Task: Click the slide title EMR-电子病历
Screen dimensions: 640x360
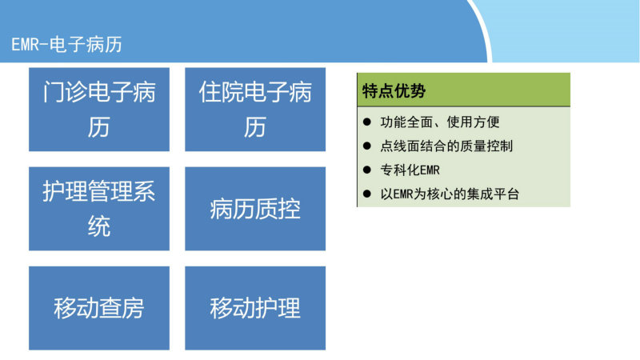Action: (x=66, y=45)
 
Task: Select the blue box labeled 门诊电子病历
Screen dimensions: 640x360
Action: (x=99, y=110)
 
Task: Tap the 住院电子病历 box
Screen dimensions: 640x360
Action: (x=255, y=110)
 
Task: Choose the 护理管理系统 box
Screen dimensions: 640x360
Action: (x=99, y=209)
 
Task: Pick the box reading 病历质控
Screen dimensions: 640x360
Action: (x=255, y=209)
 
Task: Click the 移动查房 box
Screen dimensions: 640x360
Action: (x=99, y=308)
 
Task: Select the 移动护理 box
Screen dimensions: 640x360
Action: (x=255, y=308)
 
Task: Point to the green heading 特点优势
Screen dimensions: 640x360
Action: (x=394, y=90)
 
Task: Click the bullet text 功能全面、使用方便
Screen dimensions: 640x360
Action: (x=440, y=122)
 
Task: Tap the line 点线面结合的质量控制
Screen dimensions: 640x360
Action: (x=446, y=146)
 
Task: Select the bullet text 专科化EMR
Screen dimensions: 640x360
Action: (x=410, y=170)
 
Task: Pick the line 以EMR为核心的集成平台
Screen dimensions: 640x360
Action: (x=450, y=194)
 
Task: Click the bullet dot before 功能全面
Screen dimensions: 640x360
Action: (x=367, y=122)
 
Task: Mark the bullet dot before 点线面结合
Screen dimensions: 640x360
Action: (x=367, y=146)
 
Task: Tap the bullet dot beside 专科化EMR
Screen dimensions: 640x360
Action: (x=367, y=170)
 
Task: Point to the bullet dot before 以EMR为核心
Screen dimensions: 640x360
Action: (x=367, y=194)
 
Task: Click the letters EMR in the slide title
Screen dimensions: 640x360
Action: (x=25, y=45)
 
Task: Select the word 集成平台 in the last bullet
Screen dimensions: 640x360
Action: (x=493, y=194)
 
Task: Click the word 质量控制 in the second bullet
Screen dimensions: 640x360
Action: (x=487, y=146)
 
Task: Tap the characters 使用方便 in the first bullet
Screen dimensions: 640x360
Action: (x=474, y=122)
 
